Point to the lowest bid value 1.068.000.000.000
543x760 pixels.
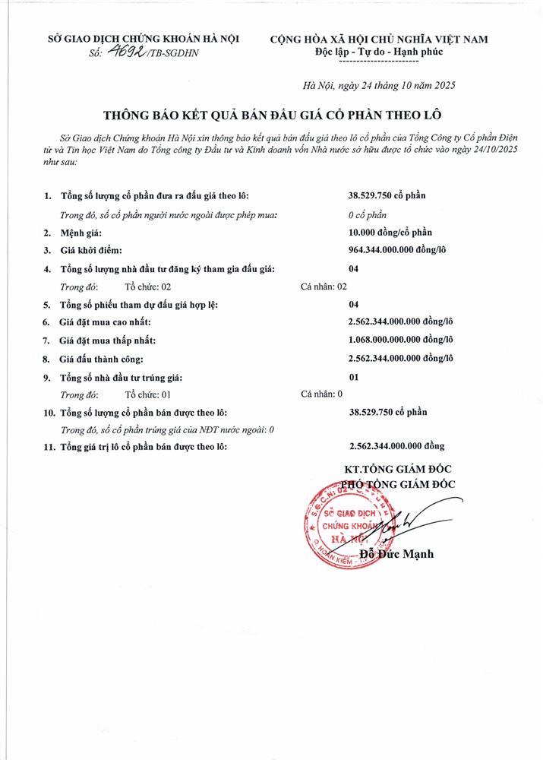[400, 340]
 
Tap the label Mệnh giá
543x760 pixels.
[81, 232]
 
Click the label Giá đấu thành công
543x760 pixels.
[102, 358]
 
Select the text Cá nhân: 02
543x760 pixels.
[324, 287]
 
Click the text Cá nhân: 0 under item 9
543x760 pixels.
[322, 394]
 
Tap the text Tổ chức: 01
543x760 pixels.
[148, 394]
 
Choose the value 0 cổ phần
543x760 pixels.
[368, 214]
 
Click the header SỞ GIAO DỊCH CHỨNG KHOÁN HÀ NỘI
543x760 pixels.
[133, 38]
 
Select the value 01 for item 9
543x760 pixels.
[353, 377]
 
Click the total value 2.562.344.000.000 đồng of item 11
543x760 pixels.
[396, 447]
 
